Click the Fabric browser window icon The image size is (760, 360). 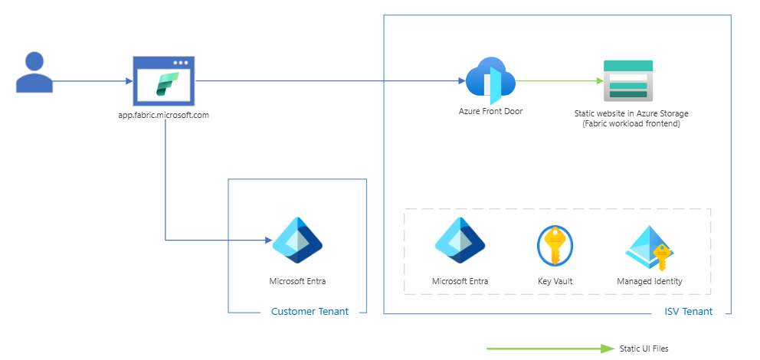tap(164, 81)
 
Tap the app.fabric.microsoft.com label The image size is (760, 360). tap(164, 115)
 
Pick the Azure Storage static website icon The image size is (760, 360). tap(627, 80)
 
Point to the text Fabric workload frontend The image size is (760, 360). tap(631, 123)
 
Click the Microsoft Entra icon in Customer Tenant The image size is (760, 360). tap(297, 241)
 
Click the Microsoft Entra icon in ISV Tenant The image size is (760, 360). tap(460, 241)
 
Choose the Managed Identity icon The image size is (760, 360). tap(650, 247)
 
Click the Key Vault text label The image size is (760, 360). tap(555, 281)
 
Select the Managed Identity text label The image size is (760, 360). tap(650, 281)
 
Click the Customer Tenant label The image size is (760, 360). tap(310, 312)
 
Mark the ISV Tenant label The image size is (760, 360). tap(688, 312)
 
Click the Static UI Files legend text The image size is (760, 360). tap(644, 349)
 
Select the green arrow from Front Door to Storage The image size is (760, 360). tap(556, 80)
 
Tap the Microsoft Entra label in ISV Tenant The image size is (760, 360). tap(460, 281)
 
